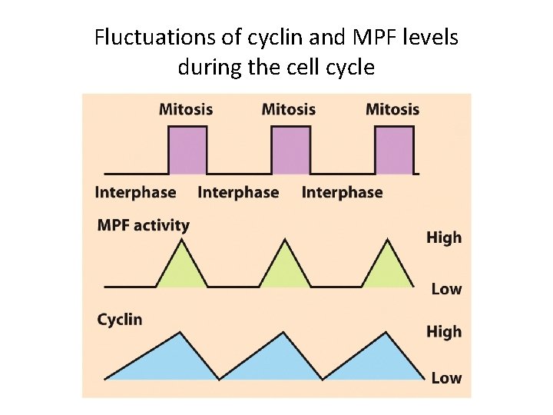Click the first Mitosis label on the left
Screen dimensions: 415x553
click(x=185, y=109)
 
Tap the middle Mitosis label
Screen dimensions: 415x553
click(x=289, y=109)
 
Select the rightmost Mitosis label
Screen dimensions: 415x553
click(x=392, y=109)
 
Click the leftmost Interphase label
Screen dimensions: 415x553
click(x=135, y=192)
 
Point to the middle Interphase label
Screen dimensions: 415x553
click(x=238, y=192)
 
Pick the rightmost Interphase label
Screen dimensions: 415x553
click(x=342, y=192)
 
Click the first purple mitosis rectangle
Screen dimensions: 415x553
click(x=188, y=151)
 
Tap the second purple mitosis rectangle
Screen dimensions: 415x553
click(x=291, y=151)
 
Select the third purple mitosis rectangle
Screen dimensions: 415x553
click(x=395, y=151)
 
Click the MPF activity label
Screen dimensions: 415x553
click(x=143, y=225)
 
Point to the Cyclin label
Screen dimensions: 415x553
click(x=120, y=319)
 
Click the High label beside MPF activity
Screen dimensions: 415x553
click(x=444, y=237)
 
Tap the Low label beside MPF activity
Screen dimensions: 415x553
click(x=446, y=289)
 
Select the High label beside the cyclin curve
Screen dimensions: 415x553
click(x=444, y=331)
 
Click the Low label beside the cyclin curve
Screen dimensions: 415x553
click(x=446, y=377)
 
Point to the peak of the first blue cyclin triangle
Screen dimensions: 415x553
click(x=180, y=333)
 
